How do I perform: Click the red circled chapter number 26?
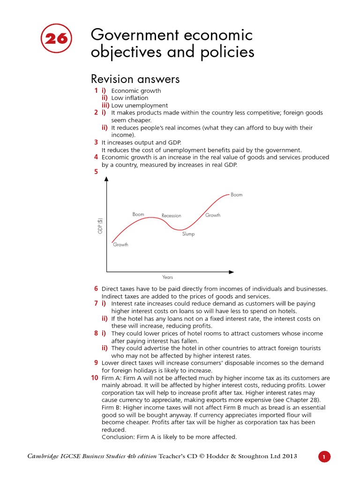point(56,39)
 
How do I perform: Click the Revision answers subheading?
point(135,79)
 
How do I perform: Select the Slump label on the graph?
point(188,234)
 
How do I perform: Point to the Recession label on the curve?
point(171,216)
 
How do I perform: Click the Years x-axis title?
point(168,277)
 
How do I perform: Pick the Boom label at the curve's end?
point(237,195)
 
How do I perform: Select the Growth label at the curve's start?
point(120,245)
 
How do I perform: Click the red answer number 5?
point(96,172)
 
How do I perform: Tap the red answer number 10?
point(95,378)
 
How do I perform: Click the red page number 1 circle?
point(324,457)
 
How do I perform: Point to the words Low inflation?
point(130,98)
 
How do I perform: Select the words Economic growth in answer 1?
point(136,90)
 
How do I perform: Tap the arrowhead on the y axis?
point(106,179)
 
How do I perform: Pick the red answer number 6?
point(96,289)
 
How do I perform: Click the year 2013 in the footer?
point(288,457)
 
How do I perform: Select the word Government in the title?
point(135,35)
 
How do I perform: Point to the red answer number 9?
point(96,362)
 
